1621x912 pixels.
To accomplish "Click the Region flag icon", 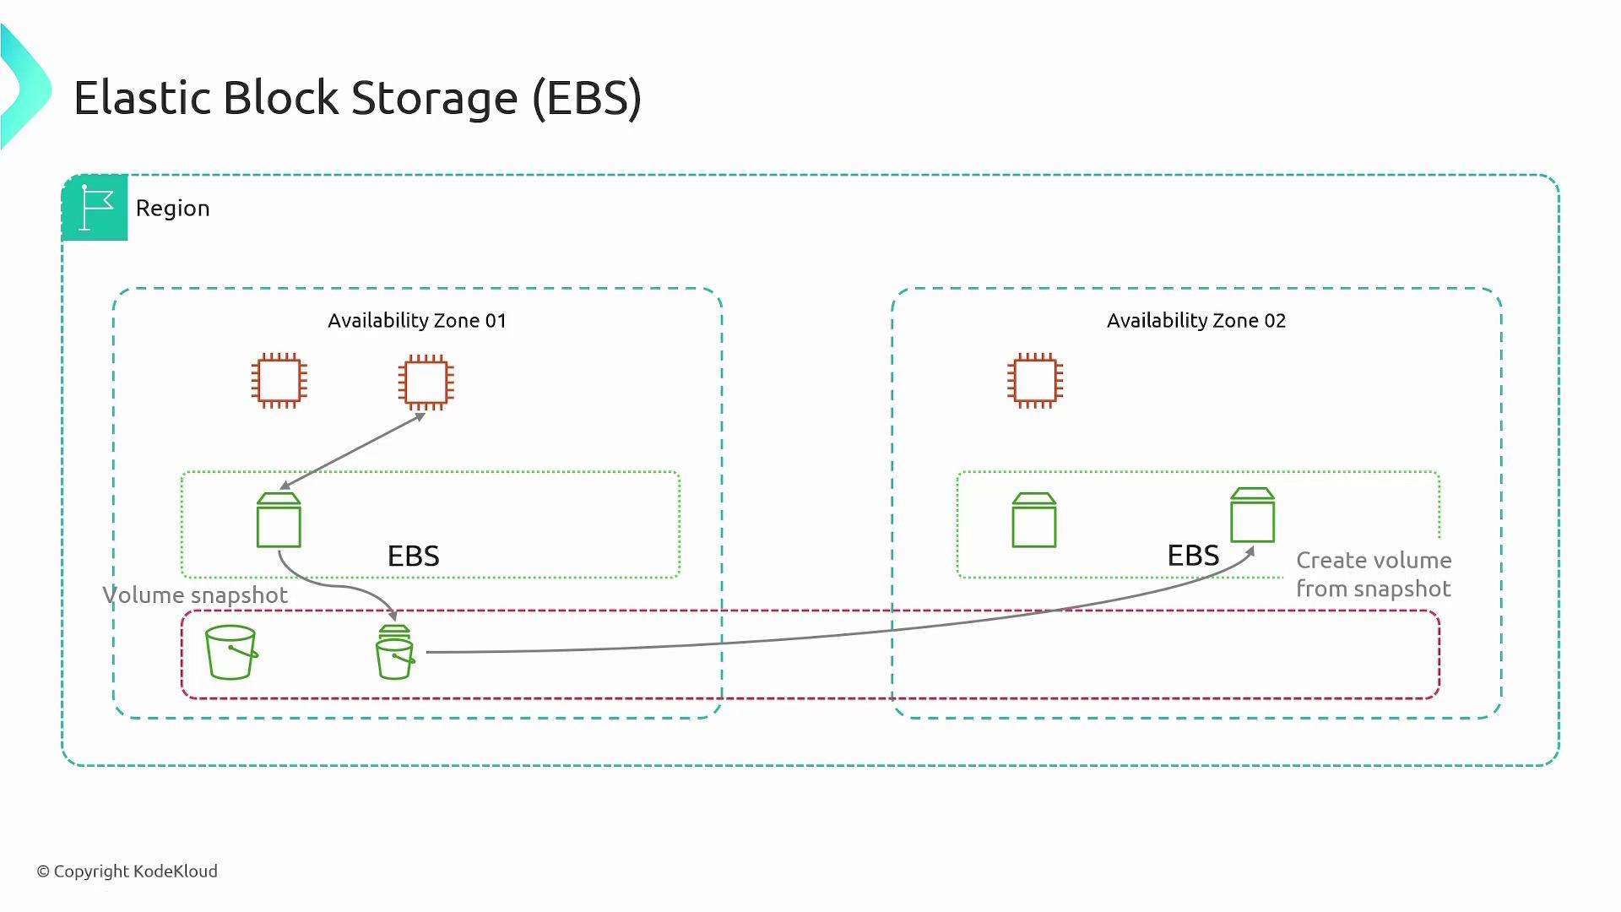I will (x=95, y=208).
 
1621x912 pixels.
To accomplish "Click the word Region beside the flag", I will (x=172, y=209).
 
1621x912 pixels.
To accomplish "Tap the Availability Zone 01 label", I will (x=417, y=321).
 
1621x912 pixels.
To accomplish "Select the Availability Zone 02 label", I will (x=1195, y=321).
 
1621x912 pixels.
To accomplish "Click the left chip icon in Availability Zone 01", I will (x=279, y=381).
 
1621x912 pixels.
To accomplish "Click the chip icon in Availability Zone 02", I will (x=1035, y=381).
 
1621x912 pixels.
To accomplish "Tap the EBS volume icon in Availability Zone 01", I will (x=279, y=520).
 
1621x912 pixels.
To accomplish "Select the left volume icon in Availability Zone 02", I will (x=1034, y=520).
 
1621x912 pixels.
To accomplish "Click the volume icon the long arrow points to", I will (x=1252, y=515).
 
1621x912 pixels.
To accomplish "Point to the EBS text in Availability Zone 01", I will (x=413, y=556).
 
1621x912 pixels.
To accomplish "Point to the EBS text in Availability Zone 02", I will (x=1193, y=556).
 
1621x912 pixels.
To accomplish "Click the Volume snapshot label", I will (x=195, y=595).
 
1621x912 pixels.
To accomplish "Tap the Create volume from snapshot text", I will (x=1374, y=574).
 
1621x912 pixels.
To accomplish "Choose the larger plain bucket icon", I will (x=231, y=652).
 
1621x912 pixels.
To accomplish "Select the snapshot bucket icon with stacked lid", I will (x=394, y=653).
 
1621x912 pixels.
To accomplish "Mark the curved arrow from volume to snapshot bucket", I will (x=338, y=585).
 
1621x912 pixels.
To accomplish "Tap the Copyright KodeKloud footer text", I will (x=127, y=871).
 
